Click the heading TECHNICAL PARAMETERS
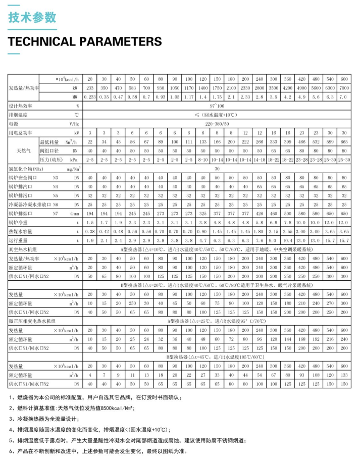click(x=85, y=41)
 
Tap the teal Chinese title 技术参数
click(x=32, y=17)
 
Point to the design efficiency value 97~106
click(x=217, y=106)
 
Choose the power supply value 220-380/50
click(x=217, y=123)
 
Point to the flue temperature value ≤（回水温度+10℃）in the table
click(x=217, y=115)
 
